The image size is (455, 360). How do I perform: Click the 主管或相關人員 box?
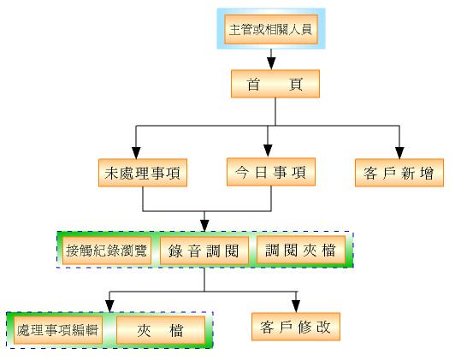point(271,29)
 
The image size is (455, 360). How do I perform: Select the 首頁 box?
point(275,84)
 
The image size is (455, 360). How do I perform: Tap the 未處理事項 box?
point(143,173)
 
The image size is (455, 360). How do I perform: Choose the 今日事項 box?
point(271,172)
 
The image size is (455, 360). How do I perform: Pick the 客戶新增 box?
point(399,173)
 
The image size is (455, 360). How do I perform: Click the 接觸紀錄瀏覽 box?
point(107,251)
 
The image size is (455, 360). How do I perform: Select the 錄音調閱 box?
point(204,251)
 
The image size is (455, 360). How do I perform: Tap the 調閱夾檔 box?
point(301,250)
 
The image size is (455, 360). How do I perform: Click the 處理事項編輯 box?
point(58,330)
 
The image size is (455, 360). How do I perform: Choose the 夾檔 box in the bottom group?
point(161,330)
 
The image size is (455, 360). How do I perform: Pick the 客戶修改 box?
point(296,327)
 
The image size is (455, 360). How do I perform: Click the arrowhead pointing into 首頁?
point(271,63)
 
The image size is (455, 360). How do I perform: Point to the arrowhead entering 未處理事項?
point(136,153)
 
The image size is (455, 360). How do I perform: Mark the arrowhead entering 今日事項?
point(268,151)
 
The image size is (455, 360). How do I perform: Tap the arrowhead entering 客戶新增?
point(399,153)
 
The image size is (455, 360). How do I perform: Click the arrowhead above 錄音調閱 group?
point(204,226)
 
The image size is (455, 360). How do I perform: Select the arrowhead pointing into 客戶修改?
point(296,307)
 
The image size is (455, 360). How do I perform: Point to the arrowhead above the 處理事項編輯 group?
point(109,307)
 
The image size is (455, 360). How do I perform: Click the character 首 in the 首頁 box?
point(253,84)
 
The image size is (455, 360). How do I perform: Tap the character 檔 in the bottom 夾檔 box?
point(176,331)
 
